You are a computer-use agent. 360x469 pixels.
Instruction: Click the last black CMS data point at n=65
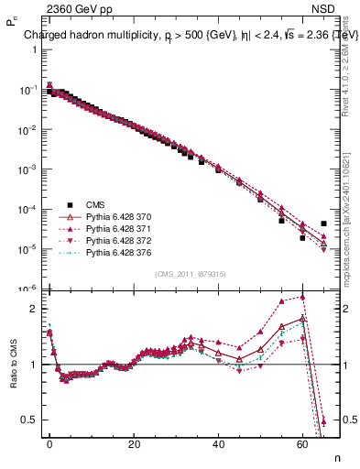tap(323, 223)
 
